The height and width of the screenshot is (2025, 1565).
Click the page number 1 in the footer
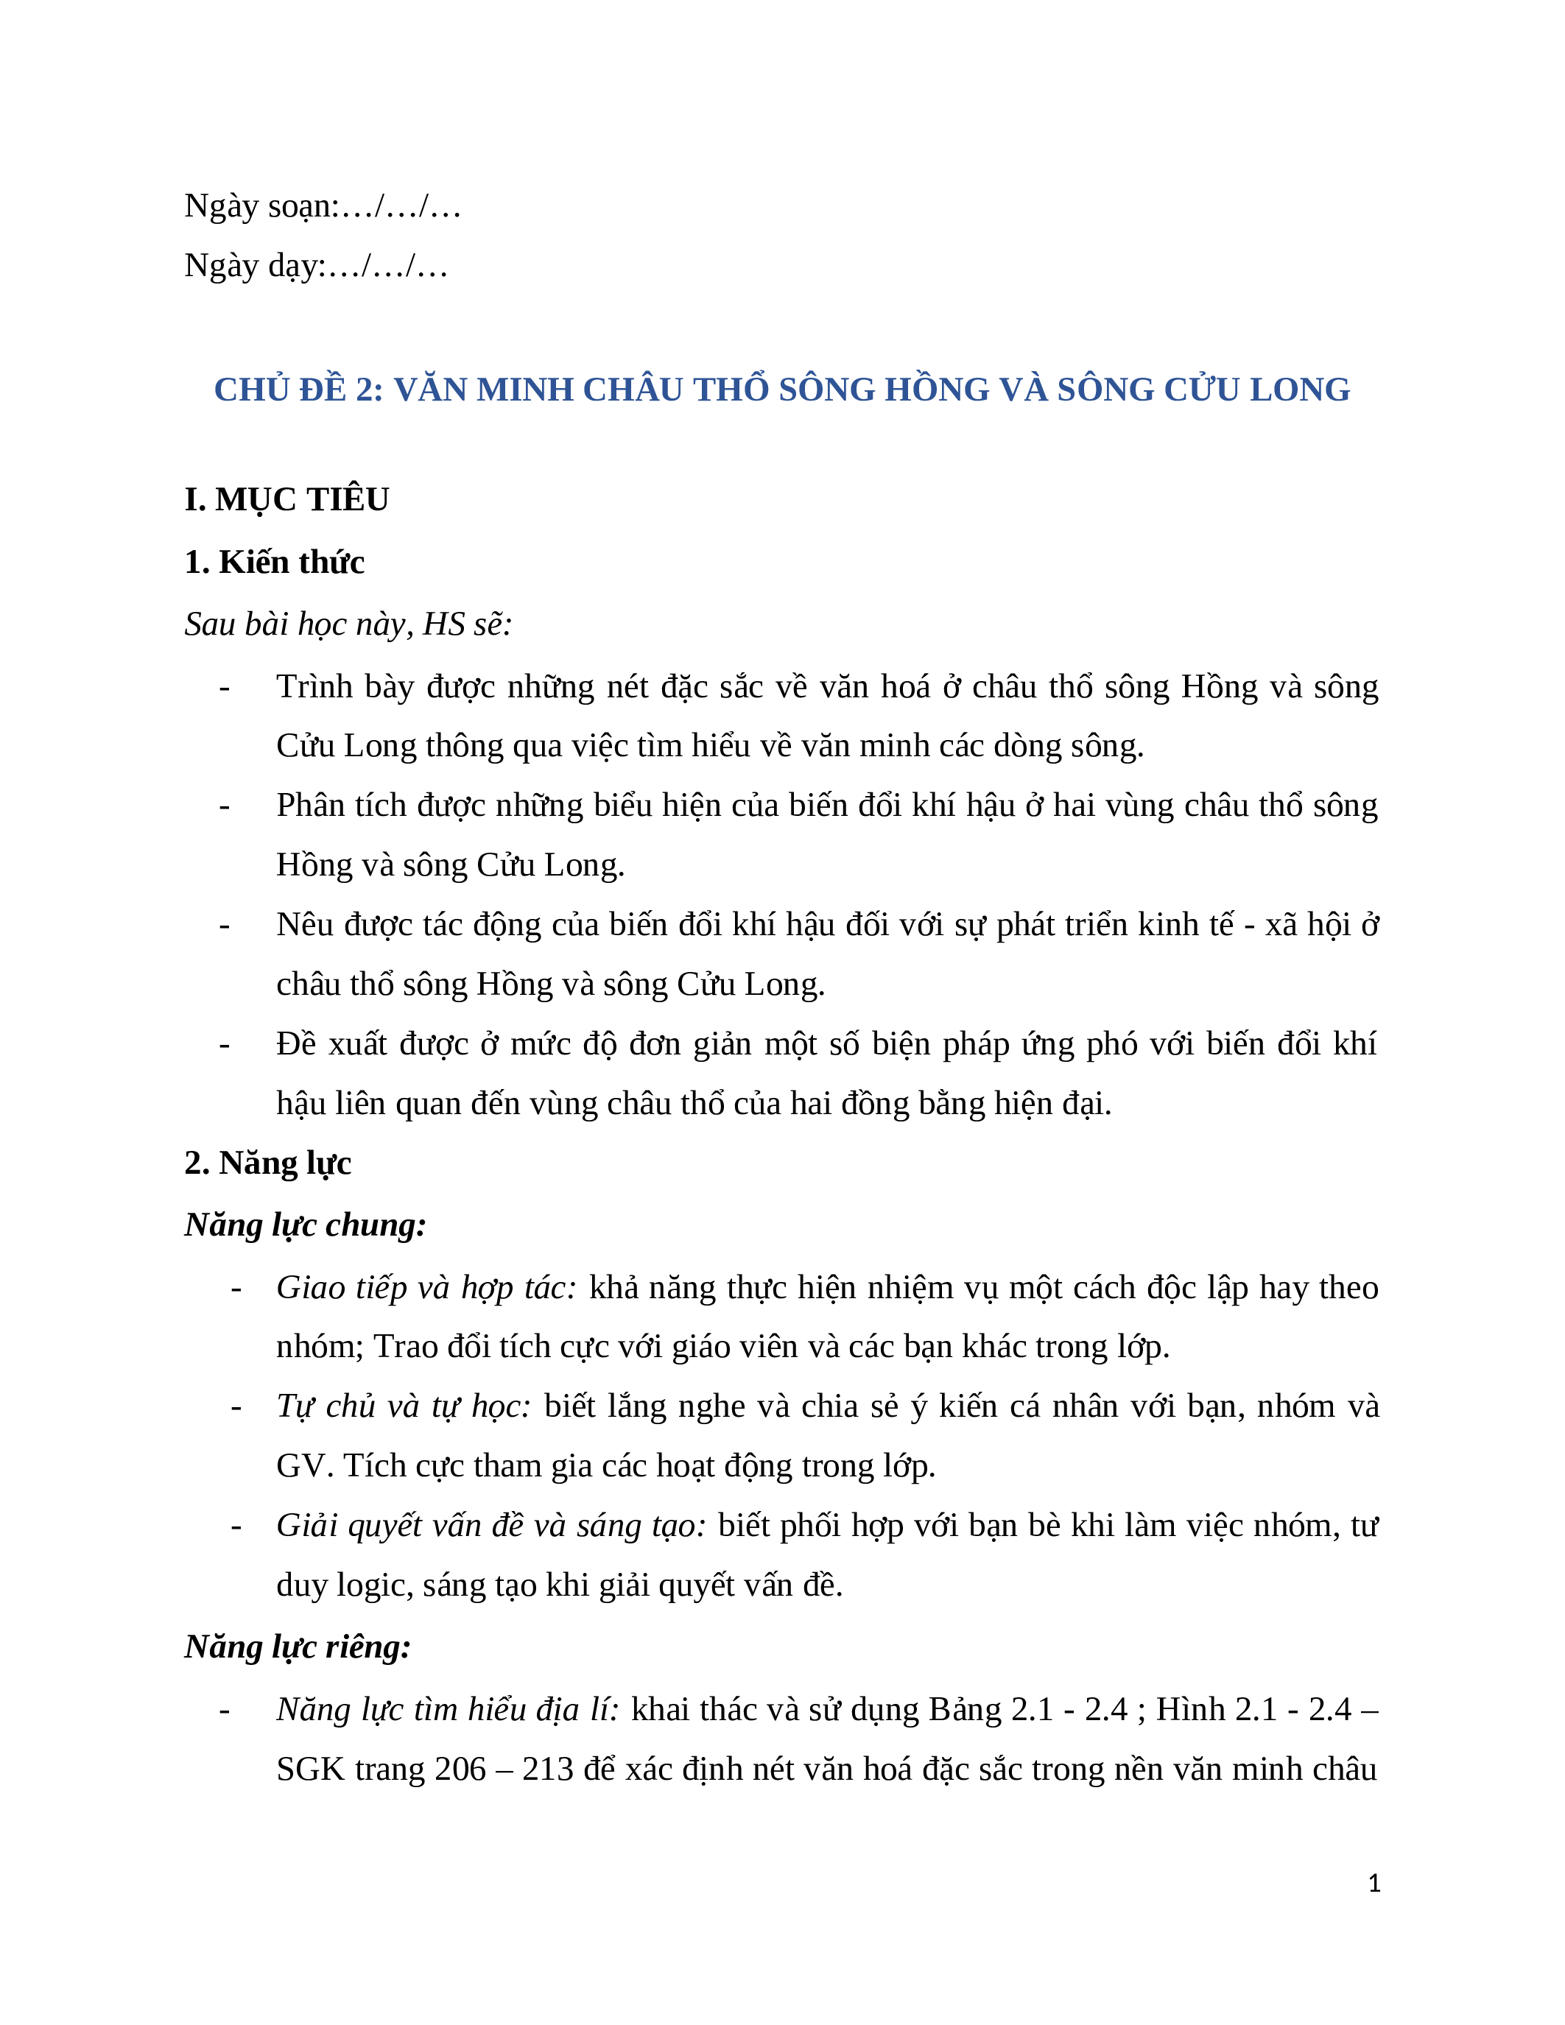[x=1374, y=1883]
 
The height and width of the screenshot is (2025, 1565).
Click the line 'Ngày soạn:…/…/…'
[x=322, y=206]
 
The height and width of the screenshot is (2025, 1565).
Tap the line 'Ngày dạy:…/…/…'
[x=315, y=266]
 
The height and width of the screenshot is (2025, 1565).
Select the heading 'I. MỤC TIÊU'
[x=286, y=500]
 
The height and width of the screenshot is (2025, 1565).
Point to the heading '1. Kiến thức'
[x=275, y=562]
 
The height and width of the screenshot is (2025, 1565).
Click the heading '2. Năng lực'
[x=268, y=1163]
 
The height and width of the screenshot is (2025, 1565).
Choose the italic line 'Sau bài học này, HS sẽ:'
[x=348, y=624]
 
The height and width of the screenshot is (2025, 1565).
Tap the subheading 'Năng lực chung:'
[x=305, y=1225]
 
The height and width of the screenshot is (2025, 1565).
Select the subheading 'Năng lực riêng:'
[x=298, y=1647]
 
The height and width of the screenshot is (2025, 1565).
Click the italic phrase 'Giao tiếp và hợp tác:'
[x=426, y=1288]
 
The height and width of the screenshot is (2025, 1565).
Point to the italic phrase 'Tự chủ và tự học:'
[x=404, y=1406]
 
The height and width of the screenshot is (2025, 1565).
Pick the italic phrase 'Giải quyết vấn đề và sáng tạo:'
[x=490, y=1525]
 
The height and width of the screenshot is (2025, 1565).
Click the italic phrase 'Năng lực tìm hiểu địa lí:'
[x=447, y=1709]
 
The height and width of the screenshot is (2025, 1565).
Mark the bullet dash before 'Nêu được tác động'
[x=225, y=926]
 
